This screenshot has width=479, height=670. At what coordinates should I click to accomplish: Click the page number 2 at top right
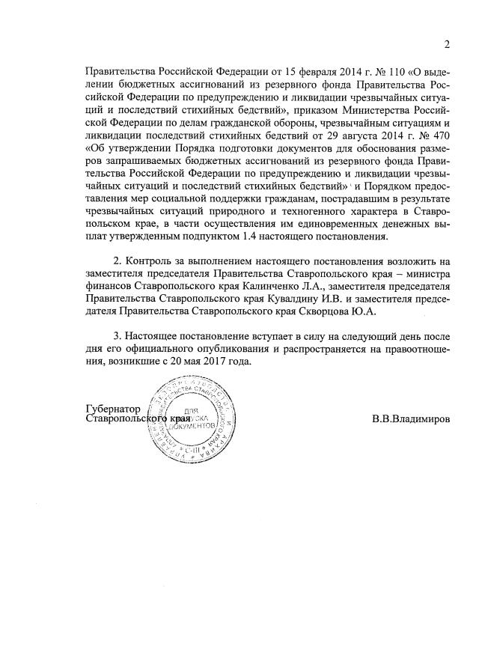tap(447, 44)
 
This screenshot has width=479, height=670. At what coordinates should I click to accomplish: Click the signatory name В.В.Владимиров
tap(411, 419)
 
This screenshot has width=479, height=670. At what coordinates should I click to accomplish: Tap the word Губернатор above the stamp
tap(112, 408)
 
